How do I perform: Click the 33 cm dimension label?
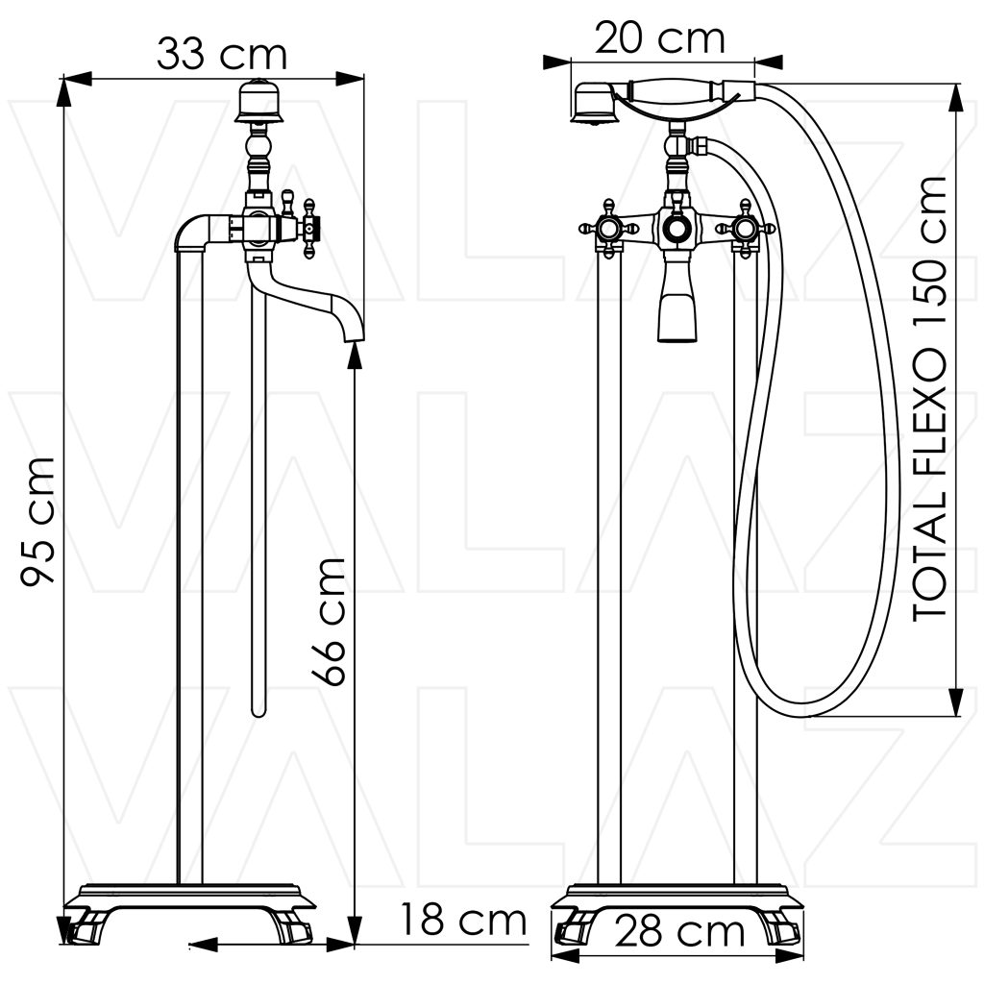pos(222,54)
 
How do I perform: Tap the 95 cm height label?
pos(37,522)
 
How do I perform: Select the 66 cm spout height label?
pos(329,622)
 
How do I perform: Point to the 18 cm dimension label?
pos(463,920)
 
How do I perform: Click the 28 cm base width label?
pos(679,932)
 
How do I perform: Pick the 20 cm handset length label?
pos(659,37)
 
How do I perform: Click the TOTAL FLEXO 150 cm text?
pos(930,399)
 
